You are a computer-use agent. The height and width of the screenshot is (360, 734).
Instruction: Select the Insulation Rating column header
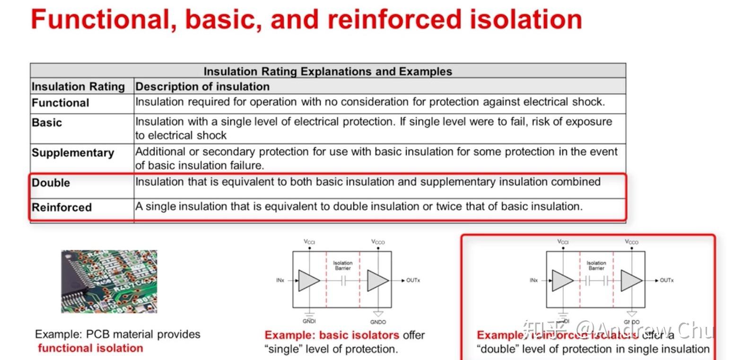point(78,87)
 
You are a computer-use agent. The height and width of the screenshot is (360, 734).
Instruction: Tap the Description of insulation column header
point(202,87)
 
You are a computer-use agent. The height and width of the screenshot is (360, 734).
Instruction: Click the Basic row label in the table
point(47,123)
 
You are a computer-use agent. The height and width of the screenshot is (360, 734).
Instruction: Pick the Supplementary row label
point(73,153)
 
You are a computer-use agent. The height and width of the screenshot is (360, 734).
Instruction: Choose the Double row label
point(51,183)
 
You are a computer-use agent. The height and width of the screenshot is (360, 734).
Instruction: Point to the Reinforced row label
point(61,207)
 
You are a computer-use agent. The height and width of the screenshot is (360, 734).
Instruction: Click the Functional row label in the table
point(60,103)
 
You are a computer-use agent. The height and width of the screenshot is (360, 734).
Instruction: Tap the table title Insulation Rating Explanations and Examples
point(328,71)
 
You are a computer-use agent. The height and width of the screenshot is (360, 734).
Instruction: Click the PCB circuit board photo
point(109,281)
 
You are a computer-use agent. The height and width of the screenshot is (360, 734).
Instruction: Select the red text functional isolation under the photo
point(90,348)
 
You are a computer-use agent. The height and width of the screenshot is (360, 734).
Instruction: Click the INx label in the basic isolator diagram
point(280,281)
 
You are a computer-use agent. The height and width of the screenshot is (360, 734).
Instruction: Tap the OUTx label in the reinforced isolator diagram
point(666,281)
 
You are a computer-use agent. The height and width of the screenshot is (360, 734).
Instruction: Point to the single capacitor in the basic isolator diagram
point(343,281)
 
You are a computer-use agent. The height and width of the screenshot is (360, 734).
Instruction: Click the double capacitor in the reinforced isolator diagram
point(596,281)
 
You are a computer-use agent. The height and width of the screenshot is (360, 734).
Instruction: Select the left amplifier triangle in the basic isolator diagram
point(308,281)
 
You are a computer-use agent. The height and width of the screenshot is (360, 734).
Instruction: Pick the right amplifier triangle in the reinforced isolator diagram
point(630,281)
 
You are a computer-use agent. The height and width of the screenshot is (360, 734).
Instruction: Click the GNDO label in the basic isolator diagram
point(378,322)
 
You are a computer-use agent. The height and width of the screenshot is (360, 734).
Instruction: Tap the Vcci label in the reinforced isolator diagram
point(563,242)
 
